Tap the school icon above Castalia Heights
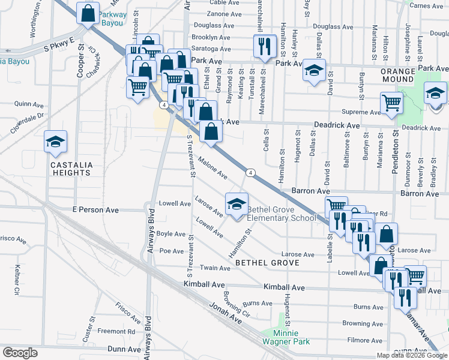coord(56,142)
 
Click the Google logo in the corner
coord(20,352)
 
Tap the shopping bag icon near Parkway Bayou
coord(88,13)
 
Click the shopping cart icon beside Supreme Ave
coord(391,103)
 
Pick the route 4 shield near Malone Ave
coord(250,173)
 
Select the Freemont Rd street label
coord(116,331)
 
